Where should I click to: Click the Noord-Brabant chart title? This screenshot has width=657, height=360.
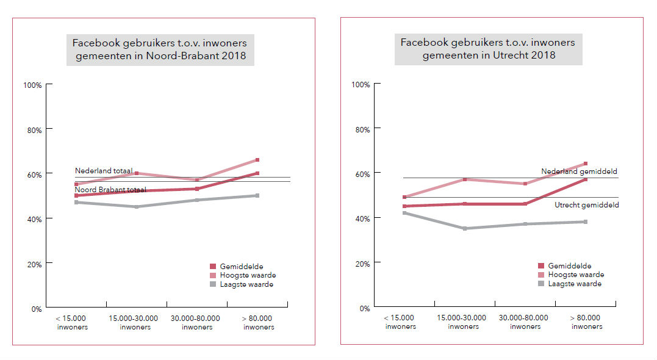(160, 50)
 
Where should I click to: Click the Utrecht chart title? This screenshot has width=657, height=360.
(488, 48)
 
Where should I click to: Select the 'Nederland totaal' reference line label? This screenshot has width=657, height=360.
(102, 171)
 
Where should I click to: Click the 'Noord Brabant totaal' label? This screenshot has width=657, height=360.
(110, 190)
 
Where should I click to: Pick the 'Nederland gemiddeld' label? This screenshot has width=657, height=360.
(580, 171)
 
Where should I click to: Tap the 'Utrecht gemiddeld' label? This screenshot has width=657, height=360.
(587, 205)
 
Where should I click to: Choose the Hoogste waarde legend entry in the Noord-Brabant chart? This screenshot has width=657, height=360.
(242, 275)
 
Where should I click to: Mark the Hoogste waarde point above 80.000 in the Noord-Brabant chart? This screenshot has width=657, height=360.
(257, 160)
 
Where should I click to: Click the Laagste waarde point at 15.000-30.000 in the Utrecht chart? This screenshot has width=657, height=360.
(465, 228)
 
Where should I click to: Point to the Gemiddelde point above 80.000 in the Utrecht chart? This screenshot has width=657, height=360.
(586, 179)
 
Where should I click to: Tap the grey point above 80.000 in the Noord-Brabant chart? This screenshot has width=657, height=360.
(257, 195)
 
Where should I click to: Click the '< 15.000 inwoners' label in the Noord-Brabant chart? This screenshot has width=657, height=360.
(72, 322)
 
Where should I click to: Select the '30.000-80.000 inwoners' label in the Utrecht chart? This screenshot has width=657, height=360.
(524, 322)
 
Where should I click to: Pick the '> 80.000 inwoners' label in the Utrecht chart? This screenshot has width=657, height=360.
(587, 322)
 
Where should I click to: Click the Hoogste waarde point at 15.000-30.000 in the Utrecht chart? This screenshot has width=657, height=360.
(465, 179)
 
